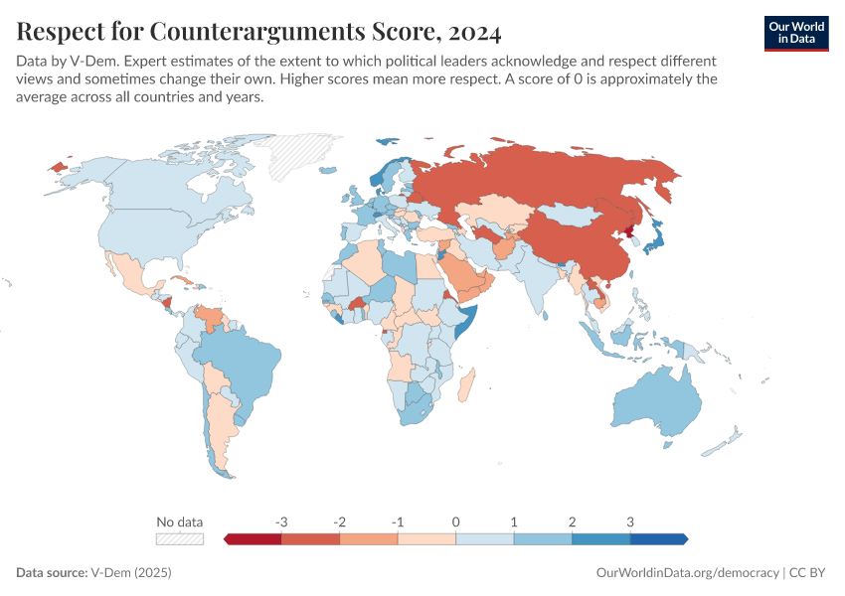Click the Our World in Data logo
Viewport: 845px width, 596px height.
tap(796, 33)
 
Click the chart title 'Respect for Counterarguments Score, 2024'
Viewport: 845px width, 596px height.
tap(258, 33)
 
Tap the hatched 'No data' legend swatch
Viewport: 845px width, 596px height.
tap(180, 538)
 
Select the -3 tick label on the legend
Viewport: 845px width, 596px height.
tap(281, 521)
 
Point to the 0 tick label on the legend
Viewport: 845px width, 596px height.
tap(455, 521)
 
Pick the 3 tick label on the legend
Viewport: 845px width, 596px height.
tap(629, 521)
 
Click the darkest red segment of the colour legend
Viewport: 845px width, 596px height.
tap(253, 538)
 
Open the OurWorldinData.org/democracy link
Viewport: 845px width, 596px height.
tap(687, 573)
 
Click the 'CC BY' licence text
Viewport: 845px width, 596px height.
tap(809, 573)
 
